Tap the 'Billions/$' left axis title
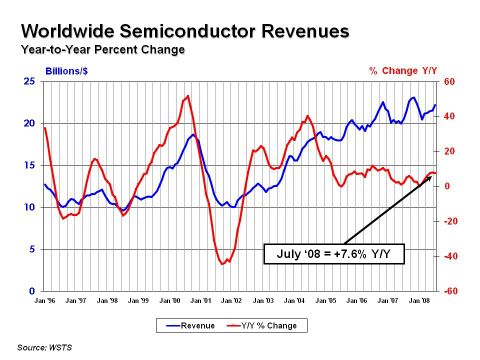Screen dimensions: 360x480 click(x=68, y=72)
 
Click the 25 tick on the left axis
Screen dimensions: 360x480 click(x=33, y=82)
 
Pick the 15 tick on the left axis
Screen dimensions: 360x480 click(x=33, y=165)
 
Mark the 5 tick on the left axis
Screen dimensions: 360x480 click(x=35, y=249)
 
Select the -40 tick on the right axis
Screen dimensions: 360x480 click(x=450, y=256)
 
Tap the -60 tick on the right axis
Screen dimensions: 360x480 click(x=450, y=291)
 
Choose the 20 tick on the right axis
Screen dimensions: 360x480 click(x=449, y=152)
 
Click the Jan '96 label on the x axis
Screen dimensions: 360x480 click(x=45, y=300)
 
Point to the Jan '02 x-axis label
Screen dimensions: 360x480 click(x=231, y=300)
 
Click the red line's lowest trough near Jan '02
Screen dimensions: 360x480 click(x=223, y=263)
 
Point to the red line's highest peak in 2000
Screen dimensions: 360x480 click(x=187, y=96)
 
